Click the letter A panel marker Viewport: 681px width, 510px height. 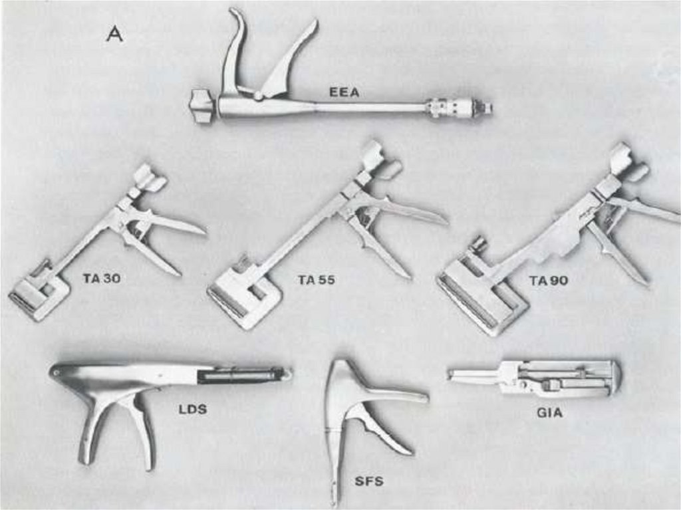[x=115, y=34]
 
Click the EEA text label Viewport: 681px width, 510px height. [x=344, y=92]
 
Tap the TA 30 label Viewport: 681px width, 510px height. [x=102, y=278]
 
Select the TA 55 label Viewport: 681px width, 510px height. [x=317, y=280]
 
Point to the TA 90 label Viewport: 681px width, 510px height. [x=549, y=281]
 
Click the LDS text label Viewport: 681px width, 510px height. [x=192, y=409]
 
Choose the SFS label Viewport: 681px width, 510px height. [x=368, y=481]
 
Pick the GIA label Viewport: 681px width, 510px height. [x=549, y=412]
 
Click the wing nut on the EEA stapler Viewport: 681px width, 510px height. [x=202, y=106]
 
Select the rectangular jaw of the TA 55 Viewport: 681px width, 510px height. [x=244, y=295]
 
